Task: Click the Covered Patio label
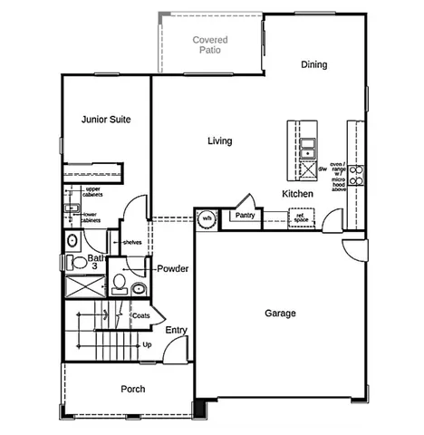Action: pyautogui.click(x=210, y=45)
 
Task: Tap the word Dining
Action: pyautogui.click(x=313, y=65)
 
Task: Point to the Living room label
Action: pyautogui.click(x=219, y=141)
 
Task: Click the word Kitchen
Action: pyautogui.click(x=297, y=194)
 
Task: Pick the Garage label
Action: pyautogui.click(x=280, y=314)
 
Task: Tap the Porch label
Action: pyautogui.click(x=133, y=389)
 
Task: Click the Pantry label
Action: pyautogui.click(x=243, y=216)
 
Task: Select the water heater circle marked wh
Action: pyautogui.click(x=207, y=218)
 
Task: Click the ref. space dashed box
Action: pyautogui.click(x=301, y=217)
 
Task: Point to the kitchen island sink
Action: pyautogui.click(x=308, y=144)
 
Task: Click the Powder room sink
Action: pyautogui.click(x=139, y=288)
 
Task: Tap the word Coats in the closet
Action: pyautogui.click(x=140, y=315)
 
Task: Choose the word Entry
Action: pyautogui.click(x=176, y=330)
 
